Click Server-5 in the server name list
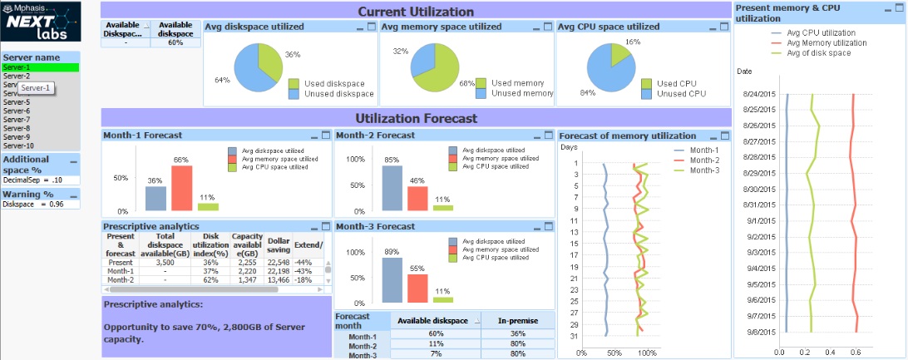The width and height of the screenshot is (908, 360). coord(17,102)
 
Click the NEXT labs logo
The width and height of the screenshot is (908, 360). coord(42,22)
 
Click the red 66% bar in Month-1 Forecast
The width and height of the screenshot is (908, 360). coord(182,188)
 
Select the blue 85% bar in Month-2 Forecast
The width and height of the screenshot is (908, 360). coord(392,188)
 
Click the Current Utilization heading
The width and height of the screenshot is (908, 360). coord(416,12)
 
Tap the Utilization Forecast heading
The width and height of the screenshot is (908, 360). coord(416,118)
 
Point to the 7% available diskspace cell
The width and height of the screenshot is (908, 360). coord(435,355)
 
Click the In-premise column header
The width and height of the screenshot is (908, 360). coord(518,320)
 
